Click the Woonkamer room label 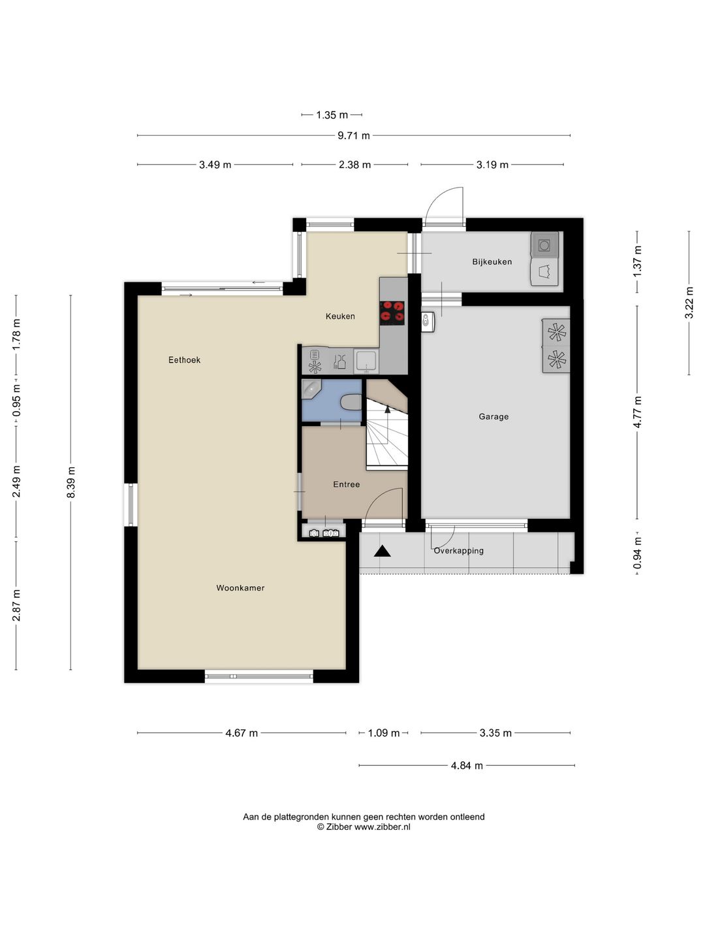[x=240, y=587]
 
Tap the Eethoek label [x=184, y=360]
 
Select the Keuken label [x=340, y=316]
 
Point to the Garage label [x=493, y=417]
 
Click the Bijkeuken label [x=492, y=262]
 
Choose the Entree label [x=346, y=484]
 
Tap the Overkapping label [x=458, y=551]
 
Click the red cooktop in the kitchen [x=392, y=312]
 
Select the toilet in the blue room [x=351, y=403]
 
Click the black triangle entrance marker [x=383, y=552]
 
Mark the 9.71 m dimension [x=354, y=136]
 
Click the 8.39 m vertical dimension [x=71, y=482]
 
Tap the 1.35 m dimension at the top [x=332, y=115]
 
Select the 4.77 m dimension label [x=637, y=412]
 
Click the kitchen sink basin [x=366, y=360]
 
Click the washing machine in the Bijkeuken [x=544, y=246]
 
